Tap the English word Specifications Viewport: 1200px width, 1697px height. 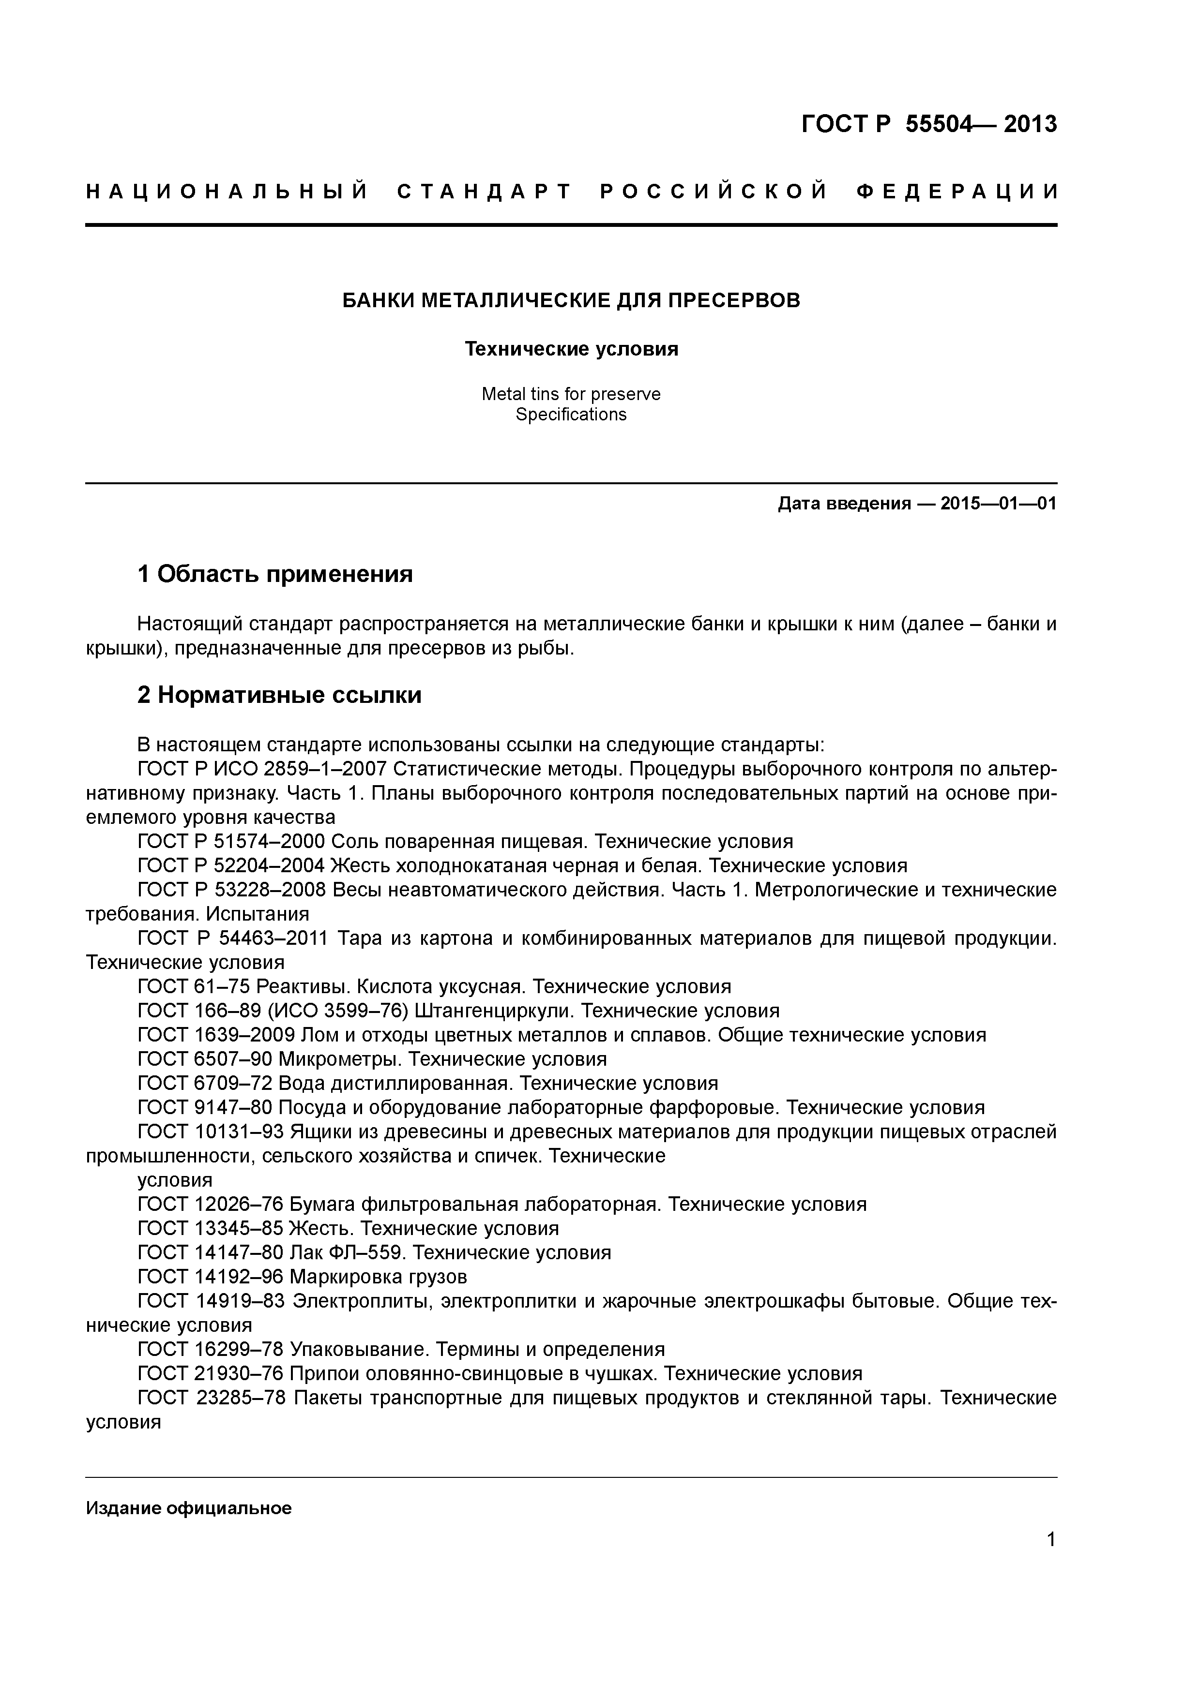click(x=571, y=415)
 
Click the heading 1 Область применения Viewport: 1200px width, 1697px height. click(x=275, y=574)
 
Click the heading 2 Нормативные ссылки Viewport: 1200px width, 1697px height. click(x=279, y=696)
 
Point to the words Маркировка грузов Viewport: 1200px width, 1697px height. click(x=378, y=1277)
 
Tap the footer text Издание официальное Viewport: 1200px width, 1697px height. click(x=188, y=1508)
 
